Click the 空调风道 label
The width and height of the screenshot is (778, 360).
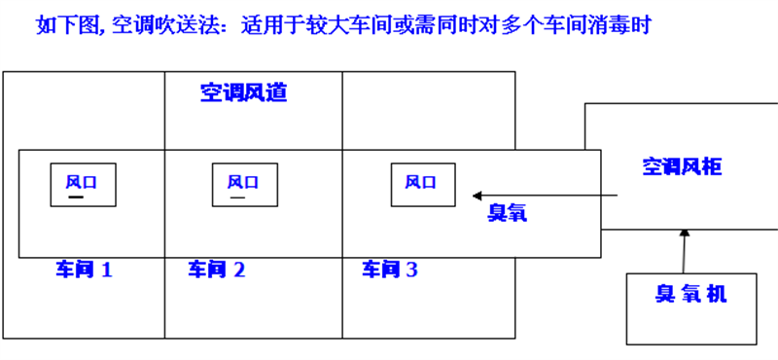(x=244, y=93)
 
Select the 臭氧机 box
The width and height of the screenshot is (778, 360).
(x=690, y=308)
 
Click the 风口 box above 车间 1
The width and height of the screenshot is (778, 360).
(x=84, y=184)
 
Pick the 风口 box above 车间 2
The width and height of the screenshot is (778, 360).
(x=244, y=184)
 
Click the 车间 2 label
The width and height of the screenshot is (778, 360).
(x=216, y=270)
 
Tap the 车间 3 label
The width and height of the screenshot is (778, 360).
(x=390, y=270)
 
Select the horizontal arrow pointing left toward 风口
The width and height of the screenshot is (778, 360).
(x=545, y=196)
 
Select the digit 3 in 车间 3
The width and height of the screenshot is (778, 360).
(x=411, y=270)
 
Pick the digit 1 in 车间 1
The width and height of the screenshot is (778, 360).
(x=106, y=270)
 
